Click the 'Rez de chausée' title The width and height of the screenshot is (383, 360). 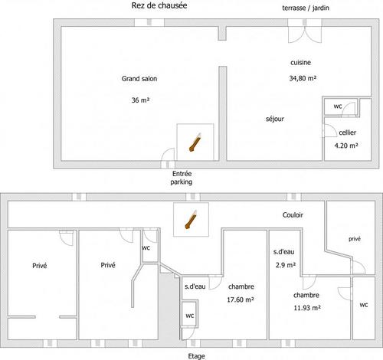(159, 5)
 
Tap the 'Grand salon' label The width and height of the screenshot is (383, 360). (139, 79)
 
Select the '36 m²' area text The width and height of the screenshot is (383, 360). (140, 100)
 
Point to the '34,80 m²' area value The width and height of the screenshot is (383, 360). (303, 78)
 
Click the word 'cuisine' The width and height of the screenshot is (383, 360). (300, 63)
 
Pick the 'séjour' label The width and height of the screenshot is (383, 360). (275, 119)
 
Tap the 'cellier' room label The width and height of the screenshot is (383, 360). (348, 133)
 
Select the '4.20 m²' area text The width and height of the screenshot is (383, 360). (346, 146)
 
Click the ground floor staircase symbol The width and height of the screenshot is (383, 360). (195, 142)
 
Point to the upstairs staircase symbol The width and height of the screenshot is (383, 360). (191, 220)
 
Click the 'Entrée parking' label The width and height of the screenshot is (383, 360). (182, 178)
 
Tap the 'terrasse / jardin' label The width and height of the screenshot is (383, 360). (306, 8)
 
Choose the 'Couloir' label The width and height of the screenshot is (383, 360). (293, 215)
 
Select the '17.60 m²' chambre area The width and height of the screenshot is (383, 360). (241, 299)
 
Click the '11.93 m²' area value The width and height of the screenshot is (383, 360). (307, 308)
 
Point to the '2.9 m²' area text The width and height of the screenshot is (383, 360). (286, 265)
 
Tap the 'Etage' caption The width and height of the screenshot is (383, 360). (196, 356)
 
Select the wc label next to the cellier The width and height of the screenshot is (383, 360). (338, 106)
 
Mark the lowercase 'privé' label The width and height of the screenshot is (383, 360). (355, 239)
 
